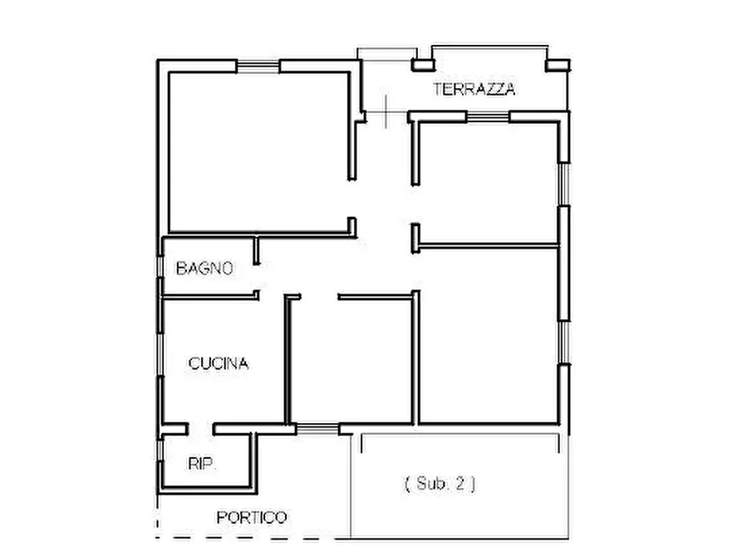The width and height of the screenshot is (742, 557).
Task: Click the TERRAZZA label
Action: pos(474,90)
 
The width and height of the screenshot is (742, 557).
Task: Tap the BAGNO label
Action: pos(204,269)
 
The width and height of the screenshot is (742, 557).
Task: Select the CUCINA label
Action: pos(219,363)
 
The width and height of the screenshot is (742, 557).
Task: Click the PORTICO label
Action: pos(252,517)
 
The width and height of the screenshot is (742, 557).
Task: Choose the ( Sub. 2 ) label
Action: pos(440,482)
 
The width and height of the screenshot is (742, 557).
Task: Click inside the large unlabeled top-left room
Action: pos(258,150)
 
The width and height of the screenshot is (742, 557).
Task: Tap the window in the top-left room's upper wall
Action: pos(258,65)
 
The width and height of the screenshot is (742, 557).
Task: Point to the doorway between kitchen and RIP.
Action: pos(199,429)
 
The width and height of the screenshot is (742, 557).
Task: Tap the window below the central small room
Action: pos(317,428)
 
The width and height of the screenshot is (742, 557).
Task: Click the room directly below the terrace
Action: pos(486,183)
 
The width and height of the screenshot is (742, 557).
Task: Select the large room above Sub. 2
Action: pos(489,333)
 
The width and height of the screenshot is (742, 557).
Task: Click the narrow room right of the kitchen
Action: pos(351,362)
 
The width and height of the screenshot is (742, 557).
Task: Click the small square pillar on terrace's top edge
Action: pos(424,63)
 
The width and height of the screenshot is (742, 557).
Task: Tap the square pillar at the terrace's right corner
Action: pos(558,65)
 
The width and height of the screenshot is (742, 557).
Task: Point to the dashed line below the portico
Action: pos(249,538)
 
